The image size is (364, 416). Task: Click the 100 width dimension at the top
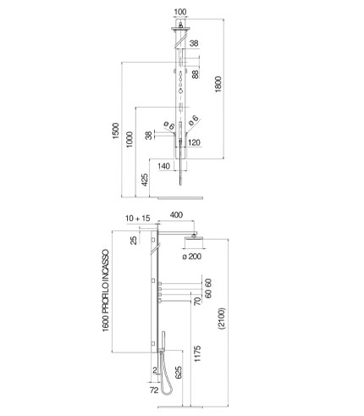[x=180, y=12]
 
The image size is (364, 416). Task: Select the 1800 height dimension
[x=218, y=84]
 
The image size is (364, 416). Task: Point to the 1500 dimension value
[x=116, y=130]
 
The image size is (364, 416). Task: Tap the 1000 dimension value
[x=130, y=139]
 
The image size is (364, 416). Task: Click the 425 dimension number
[x=144, y=180]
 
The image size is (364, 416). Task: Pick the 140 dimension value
[x=164, y=166]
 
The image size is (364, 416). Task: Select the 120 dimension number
[x=194, y=142]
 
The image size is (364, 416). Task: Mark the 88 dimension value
[x=195, y=74]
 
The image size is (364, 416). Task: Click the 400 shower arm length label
[x=176, y=215]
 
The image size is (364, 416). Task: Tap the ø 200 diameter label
[x=192, y=257]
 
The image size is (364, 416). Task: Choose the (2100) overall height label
[x=222, y=319]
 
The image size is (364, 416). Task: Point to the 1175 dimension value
[x=197, y=353]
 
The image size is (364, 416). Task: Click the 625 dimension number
[x=179, y=372]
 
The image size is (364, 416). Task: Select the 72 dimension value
[x=154, y=391]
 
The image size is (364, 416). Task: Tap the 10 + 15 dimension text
[x=138, y=219]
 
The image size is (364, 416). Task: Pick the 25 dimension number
[x=134, y=240]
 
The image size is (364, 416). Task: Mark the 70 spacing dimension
[x=197, y=301]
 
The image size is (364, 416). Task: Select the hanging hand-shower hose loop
[x=165, y=379]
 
